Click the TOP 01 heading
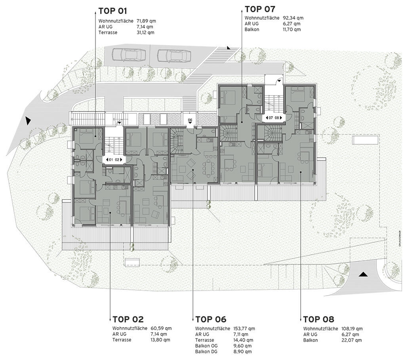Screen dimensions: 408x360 (112, 11)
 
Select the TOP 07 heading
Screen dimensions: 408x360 (260, 9)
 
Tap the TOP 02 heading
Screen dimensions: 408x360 (128, 319)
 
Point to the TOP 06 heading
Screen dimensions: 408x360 (211, 319)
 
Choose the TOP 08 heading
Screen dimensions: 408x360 (318, 319)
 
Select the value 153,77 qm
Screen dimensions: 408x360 (244, 329)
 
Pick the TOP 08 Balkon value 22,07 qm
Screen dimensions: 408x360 (351, 340)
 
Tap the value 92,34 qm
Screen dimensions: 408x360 (293, 18)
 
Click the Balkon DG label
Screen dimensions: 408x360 (206, 351)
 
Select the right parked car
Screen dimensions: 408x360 (174, 55)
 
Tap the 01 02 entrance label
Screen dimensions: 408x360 (114, 159)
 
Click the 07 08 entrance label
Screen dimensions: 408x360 (274, 118)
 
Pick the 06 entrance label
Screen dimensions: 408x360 (190, 120)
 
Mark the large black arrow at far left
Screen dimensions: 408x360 (28, 121)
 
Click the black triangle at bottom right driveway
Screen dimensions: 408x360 (363, 274)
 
